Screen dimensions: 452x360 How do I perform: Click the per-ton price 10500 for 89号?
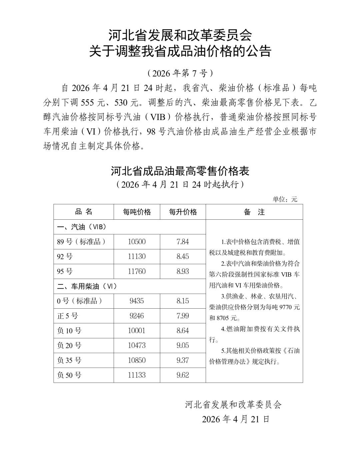pos(137,242)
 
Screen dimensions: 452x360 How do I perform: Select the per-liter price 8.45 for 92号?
pos(183,256)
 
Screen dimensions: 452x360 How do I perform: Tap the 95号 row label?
pos(65,271)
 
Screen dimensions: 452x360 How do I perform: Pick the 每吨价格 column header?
pos(137,212)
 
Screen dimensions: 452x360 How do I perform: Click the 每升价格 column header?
pos(183,212)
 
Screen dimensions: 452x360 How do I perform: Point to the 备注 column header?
pos(254,212)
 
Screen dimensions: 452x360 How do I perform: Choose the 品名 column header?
pos(84,212)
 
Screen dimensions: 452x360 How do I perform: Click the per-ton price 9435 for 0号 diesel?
pos(137,301)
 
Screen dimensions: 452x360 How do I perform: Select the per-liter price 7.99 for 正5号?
pos(183,316)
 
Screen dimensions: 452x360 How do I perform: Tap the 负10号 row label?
pos(69,331)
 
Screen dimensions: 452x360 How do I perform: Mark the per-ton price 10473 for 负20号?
pos(137,345)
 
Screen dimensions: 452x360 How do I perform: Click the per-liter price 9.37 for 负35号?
pos(183,360)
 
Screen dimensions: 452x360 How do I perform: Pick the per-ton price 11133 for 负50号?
pos(137,375)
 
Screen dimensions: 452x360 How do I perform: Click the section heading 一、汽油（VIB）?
pos(82,227)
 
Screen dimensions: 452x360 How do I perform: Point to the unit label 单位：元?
pos(285,199)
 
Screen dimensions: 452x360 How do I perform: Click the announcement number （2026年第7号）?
pos(180,73)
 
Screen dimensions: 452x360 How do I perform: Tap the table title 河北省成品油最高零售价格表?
pos(180,171)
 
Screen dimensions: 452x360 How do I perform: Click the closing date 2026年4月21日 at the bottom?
pos(235,419)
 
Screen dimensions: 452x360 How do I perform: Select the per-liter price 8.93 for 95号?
pos(183,271)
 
